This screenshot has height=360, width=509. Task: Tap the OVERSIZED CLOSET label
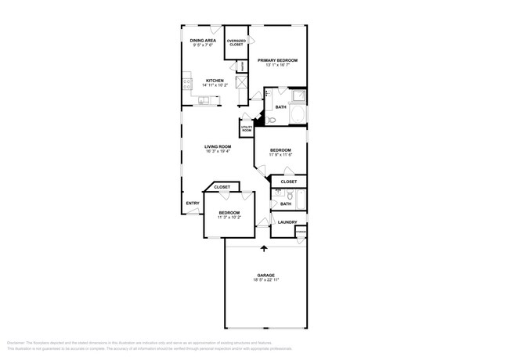point(236,43)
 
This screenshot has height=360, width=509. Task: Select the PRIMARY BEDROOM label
point(279,59)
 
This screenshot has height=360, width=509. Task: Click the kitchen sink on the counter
point(204,99)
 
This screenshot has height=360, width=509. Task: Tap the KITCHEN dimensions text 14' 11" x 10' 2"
point(215,85)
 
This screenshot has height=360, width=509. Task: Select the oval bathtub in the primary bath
point(297,117)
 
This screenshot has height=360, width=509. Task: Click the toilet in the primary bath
point(270,120)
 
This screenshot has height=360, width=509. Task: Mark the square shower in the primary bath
point(298,97)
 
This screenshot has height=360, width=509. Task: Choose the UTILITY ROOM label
point(246,128)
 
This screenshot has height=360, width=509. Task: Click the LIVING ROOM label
point(218,146)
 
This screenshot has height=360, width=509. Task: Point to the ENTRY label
point(192,203)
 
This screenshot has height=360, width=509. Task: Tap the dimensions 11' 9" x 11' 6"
point(280,155)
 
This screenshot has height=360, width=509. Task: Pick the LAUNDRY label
point(286,222)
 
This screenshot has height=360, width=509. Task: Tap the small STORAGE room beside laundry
point(301,231)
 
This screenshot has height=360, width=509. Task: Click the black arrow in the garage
point(264,249)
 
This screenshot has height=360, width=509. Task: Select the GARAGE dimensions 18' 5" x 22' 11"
point(265,279)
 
